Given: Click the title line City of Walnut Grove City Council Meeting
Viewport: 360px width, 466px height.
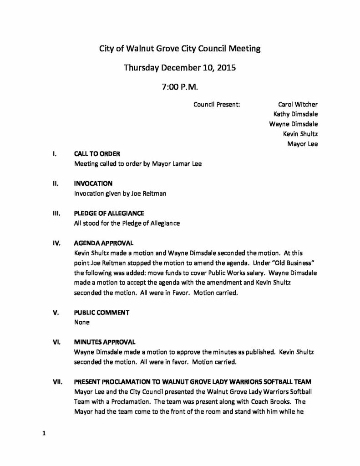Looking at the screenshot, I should (x=180, y=49).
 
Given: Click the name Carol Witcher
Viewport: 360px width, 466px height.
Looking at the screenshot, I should (x=298, y=104).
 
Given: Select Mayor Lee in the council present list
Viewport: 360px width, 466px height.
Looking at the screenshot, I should (x=302, y=144).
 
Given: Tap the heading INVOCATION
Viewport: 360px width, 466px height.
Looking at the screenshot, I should (x=93, y=184).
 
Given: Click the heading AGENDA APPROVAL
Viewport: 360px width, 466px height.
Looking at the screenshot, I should (x=104, y=243).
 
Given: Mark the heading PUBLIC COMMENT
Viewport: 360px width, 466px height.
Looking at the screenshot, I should (x=101, y=313).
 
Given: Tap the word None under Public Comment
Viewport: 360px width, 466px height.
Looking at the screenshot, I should (x=81, y=322).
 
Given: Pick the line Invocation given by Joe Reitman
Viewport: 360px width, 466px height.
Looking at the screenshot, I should (x=121, y=194).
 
